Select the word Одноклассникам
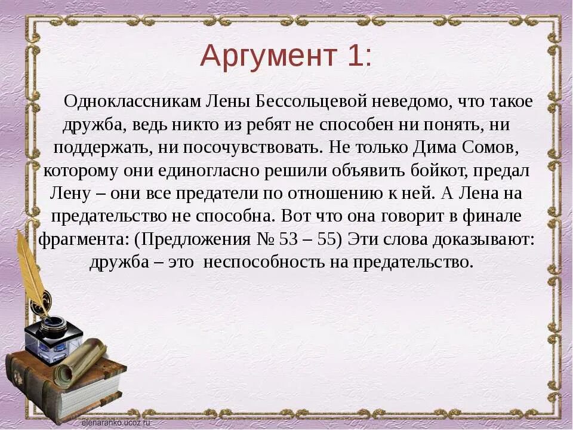coord(134,102)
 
